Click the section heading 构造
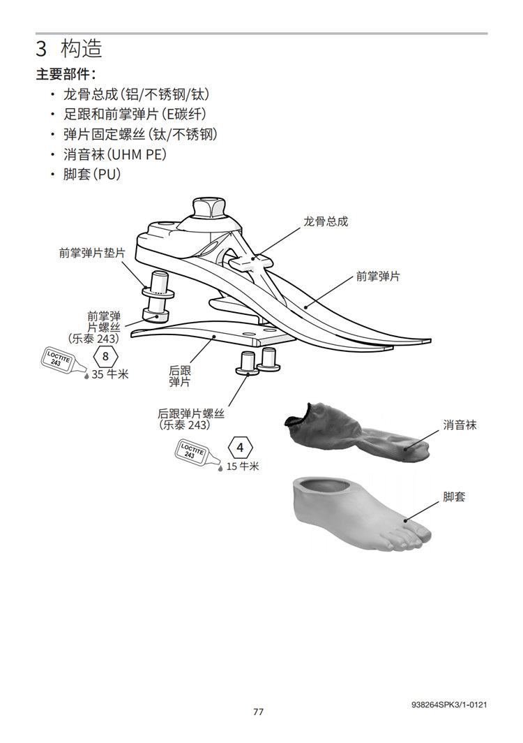coord(81,49)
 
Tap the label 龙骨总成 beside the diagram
coord(325,221)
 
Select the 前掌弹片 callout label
coord(377,277)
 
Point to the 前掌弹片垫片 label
coord(92,253)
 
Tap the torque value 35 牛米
coord(110,374)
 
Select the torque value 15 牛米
coord(243,466)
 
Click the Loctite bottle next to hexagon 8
coord(63,360)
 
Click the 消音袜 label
coord(460,425)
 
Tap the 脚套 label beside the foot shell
coord(454,497)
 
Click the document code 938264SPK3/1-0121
coord(449,705)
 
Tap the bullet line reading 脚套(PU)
coord(92,174)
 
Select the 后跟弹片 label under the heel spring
coord(180,376)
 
